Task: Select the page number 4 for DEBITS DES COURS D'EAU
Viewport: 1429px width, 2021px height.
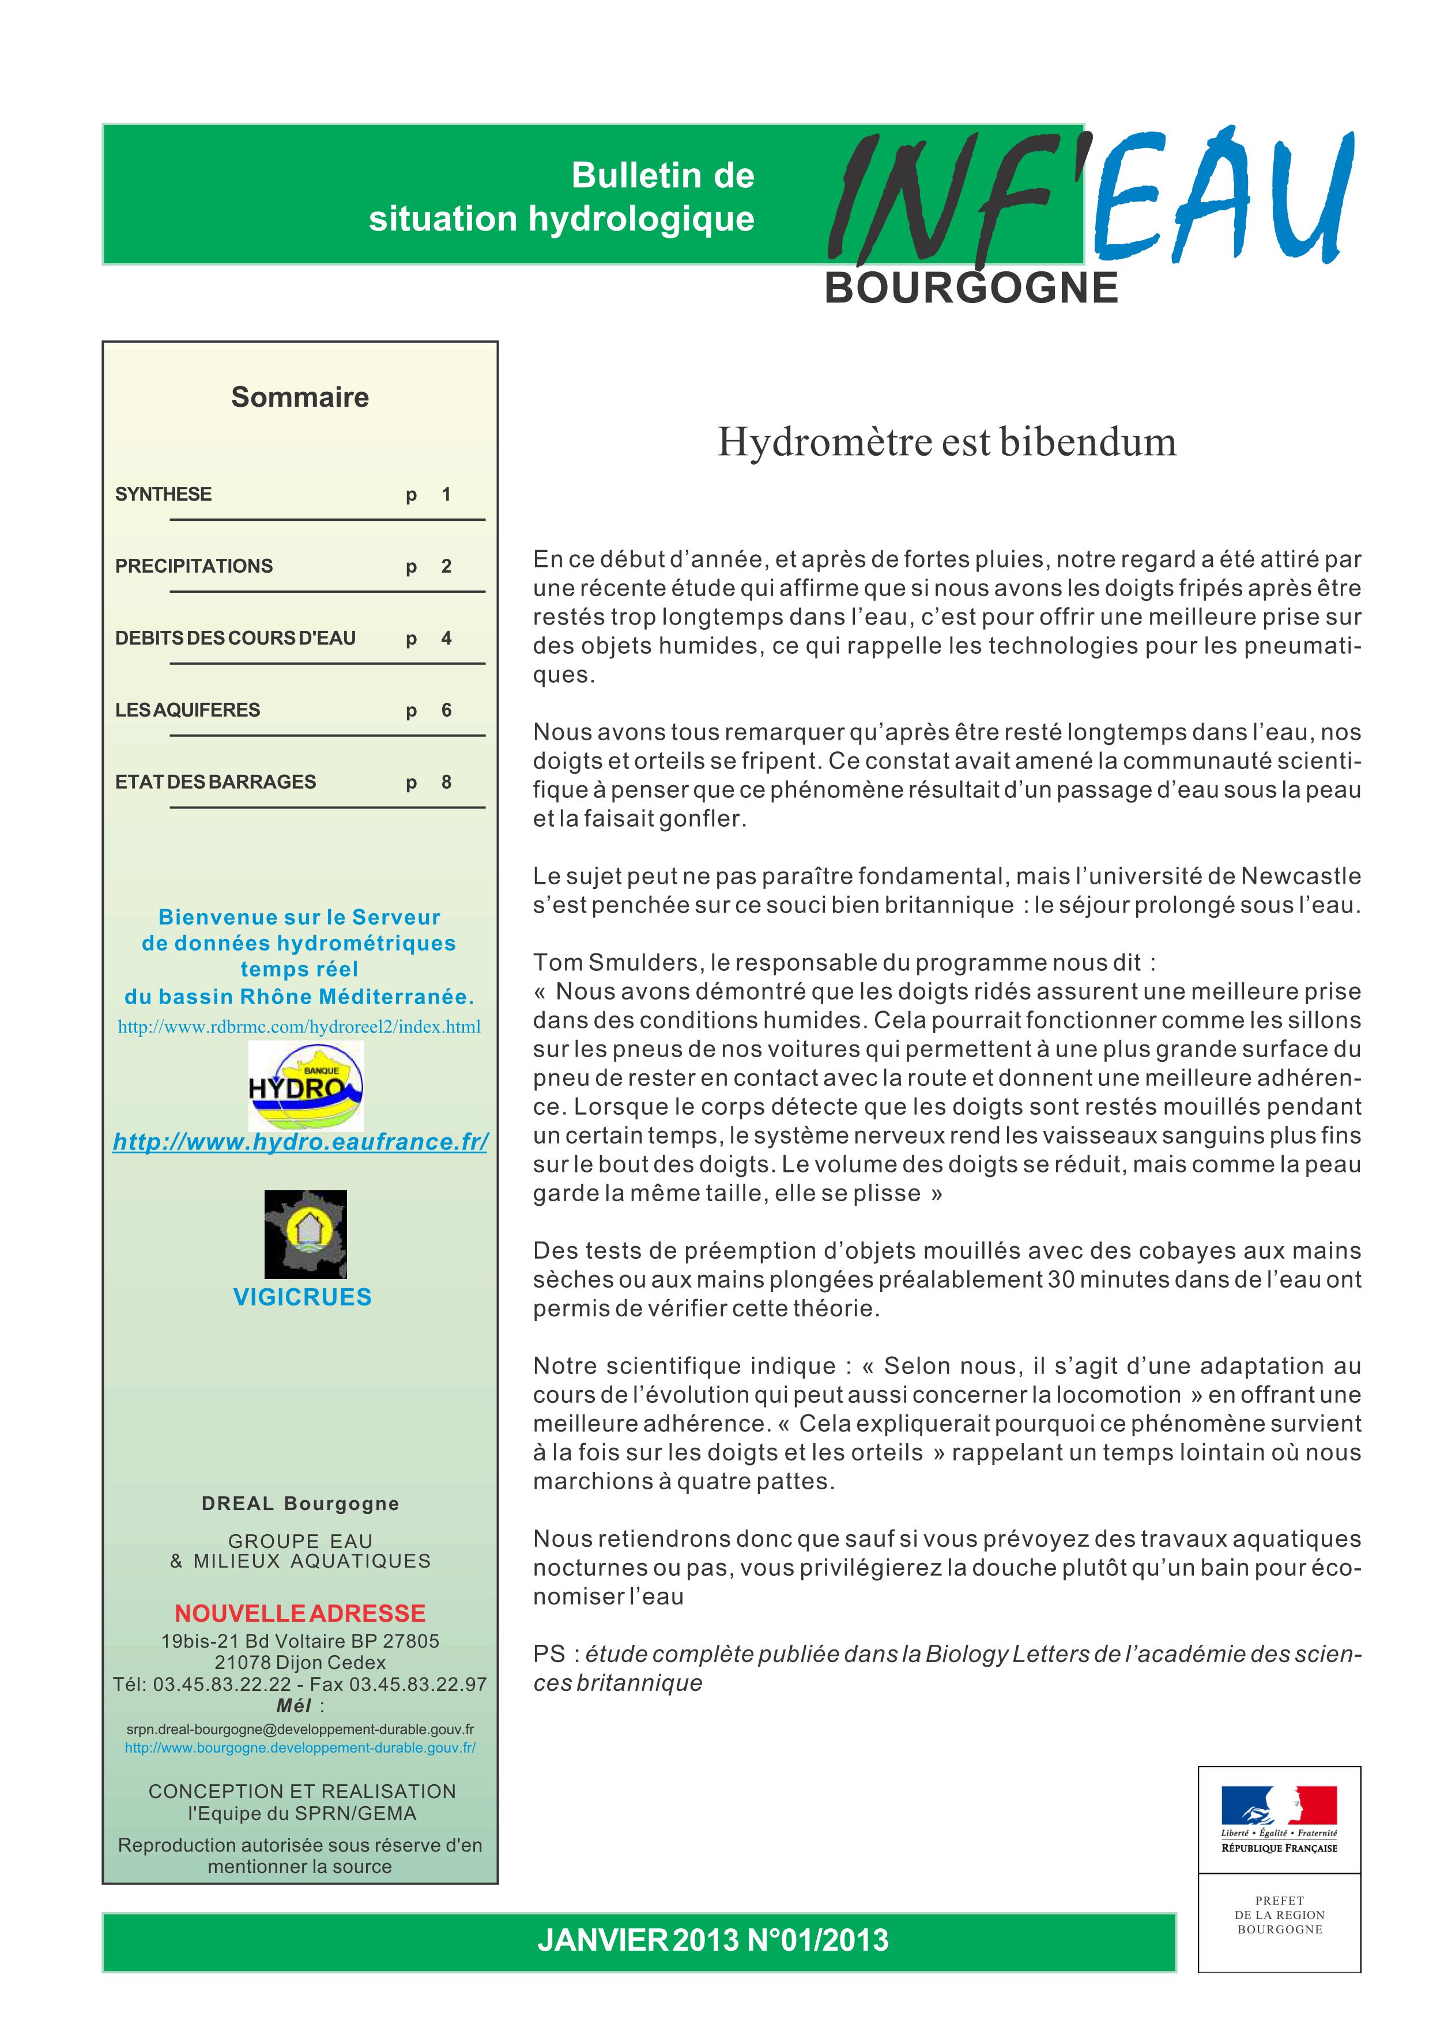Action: click(446, 638)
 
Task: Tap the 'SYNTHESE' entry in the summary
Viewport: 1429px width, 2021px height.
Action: click(164, 495)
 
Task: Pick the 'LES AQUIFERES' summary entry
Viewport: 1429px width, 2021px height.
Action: click(187, 710)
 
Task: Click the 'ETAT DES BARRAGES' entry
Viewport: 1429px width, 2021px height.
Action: click(216, 782)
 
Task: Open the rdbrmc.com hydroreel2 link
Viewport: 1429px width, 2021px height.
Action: click(299, 1027)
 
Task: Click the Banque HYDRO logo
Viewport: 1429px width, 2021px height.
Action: click(306, 1086)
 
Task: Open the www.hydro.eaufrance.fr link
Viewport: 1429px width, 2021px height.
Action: click(300, 1142)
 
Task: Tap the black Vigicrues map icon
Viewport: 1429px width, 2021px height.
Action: click(306, 1234)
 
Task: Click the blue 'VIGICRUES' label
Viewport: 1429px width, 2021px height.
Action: click(302, 1297)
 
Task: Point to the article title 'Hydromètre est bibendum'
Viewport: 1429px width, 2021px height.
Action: click(947, 442)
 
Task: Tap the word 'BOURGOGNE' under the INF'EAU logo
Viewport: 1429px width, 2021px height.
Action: click(971, 289)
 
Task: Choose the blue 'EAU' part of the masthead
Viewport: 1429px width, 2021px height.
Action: click(1224, 198)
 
